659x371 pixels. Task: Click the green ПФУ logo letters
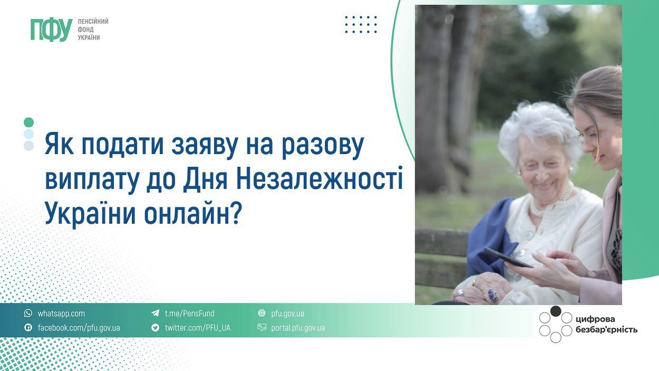click(x=51, y=30)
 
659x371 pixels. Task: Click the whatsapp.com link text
click(x=61, y=313)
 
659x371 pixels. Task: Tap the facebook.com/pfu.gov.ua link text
click(x=79, y=328)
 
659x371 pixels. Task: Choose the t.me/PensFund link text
click(x=190, y=313)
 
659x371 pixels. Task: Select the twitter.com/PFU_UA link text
click(x=197, y=328)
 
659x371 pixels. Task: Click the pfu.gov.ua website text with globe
click(x=287, y=313)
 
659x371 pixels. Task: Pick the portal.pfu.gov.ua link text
click(x=298, y=328)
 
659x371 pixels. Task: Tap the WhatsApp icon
click(x=28, y=313)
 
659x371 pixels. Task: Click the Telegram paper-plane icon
click(x=156, y=313)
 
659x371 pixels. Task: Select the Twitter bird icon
click(x=156, y=328)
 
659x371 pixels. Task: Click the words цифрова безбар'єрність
click(x=606, y=325)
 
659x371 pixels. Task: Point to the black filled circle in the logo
click(x=556, y=311)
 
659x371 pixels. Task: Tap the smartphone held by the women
click(x=508, y=258)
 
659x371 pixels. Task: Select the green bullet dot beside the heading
click(x=29, y=122)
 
